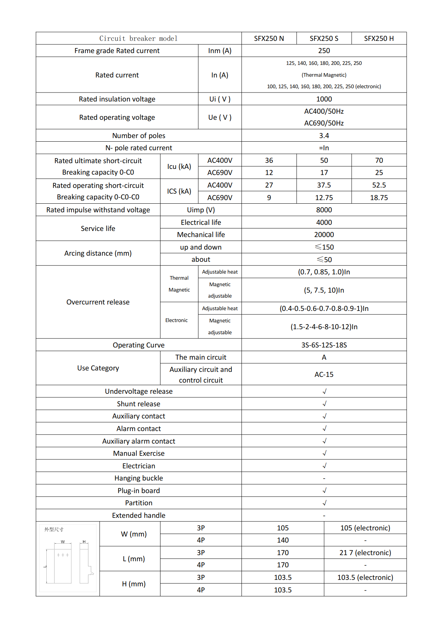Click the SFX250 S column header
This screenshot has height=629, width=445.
pyautogui.click(x=324, y=38)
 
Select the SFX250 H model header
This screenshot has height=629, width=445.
pyautogui.click(x=379, y=38)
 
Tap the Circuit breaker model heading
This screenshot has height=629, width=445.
pyautogui.click(x=138, y=38)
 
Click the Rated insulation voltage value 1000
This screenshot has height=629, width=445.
pyautogui.click(x=324, y=99)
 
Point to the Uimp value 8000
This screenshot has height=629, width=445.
pyautogui.click(x=324, y=210)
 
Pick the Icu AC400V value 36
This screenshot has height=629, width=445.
pyautogui.click(x=269, y=160)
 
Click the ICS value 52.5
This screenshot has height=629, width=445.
pyautogui.click(x=379, y=185)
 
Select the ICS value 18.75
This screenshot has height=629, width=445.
pyautogui.click(x=379, y=198)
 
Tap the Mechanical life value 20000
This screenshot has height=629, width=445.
pyautogui.click(x=324, y=235)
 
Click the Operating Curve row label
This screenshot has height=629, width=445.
pyautogui.click(x=139, y=345)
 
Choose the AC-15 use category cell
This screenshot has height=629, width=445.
pyautogui.click(x=324, y=374)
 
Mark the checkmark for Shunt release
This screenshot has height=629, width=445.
pyautogui.click(x=324, y=404)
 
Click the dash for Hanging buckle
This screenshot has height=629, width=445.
pyautogui.click(x=324, y=478)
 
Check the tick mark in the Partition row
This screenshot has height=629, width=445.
pyautogui.click(x=324, y=503)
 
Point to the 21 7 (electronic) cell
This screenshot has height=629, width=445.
pyautogui.click(x=365, y=553)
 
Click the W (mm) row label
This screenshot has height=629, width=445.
pyautogui.click(x=133, y=534)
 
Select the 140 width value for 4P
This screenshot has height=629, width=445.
pyautogui.click(x=282, y=540)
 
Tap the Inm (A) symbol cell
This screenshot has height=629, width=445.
pyautogui.click(x=220, y=51)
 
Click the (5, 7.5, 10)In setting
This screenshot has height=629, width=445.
pyautogui.click(x=324, y=290)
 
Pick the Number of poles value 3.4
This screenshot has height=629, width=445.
pyautogui.click(x=324, y=136)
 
